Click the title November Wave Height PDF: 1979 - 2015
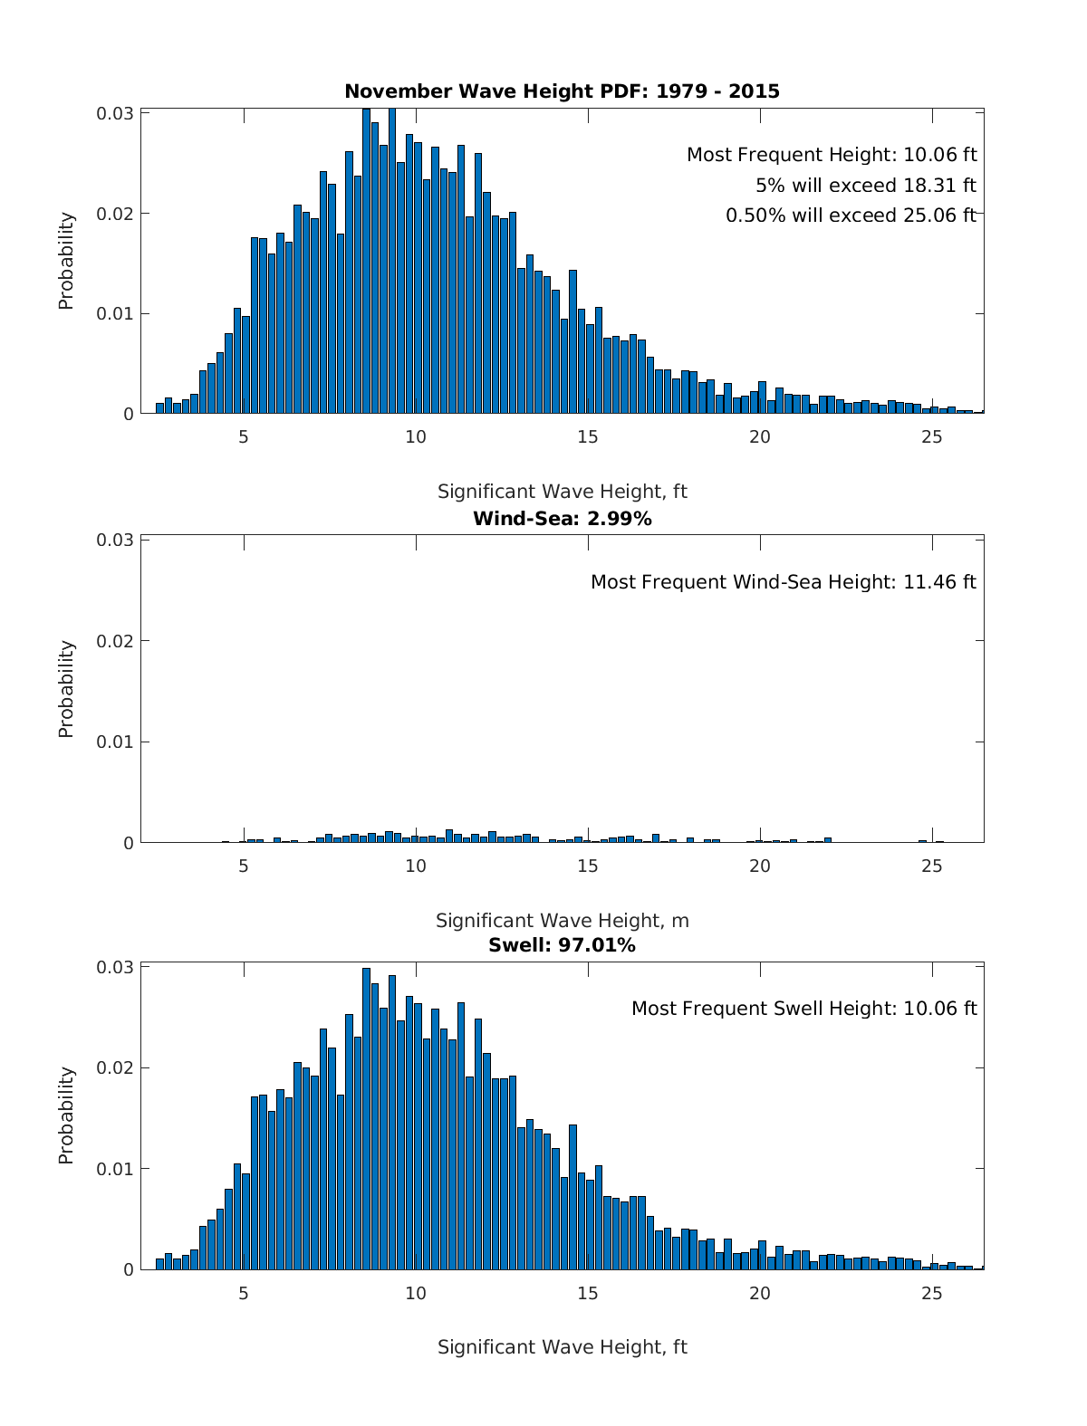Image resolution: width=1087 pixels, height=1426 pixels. point(562,91)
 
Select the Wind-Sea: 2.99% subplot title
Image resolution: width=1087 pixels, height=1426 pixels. point(562,519)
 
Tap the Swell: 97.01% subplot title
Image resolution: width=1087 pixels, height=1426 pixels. point(562,945)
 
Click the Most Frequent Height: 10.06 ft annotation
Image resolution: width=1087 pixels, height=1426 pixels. point(832,155)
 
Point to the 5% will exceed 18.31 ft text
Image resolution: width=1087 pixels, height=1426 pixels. point(865,186)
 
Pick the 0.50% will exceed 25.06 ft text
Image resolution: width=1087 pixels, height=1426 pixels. point(851,215)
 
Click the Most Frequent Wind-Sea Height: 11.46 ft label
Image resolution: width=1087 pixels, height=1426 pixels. point(783,582)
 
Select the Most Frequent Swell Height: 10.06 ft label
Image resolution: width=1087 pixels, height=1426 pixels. point(803,1009)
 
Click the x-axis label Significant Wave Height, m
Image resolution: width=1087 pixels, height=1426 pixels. point(562,921)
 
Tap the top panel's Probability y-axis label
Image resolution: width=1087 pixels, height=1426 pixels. point(66,261)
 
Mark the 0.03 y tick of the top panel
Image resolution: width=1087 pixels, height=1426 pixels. point(115,113)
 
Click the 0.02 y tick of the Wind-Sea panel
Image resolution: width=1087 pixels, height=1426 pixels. point(115,641)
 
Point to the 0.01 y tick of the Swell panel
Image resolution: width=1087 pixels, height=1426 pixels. point(115,1169)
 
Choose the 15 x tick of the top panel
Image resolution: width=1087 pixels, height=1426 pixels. point(588,437)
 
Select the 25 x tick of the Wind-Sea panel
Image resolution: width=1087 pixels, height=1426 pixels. point(932,866)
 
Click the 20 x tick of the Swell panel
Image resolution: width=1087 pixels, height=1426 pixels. point(760,1293)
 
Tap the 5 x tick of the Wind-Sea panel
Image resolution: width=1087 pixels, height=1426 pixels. point(244,866)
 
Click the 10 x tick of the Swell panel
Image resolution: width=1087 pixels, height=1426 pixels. point(416,1293)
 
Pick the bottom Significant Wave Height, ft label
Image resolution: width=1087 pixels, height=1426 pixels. point(562,1347)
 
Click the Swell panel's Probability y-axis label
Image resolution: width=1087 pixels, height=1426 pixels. point(66,1115)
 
